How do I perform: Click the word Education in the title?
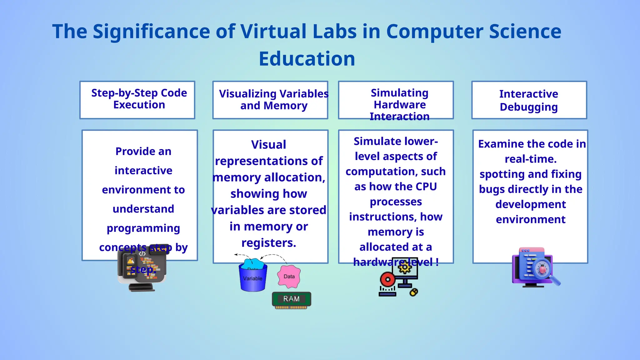tap(307, 59)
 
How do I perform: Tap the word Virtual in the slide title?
tap(273, 32)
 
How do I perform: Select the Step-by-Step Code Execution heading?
tap(139, 99)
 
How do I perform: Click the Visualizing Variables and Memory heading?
tap(274, 100)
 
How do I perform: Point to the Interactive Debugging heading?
tap(528, 100)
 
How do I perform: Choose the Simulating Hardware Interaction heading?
tap(399, 104)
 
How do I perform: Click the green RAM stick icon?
tap(291, 299)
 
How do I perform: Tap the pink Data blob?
tap(289, 277)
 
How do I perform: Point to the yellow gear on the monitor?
tap(405, 268)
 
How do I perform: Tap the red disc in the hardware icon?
tap(388, 279)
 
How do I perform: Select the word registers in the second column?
tap(268, 243)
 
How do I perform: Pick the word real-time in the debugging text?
tap(531, 159)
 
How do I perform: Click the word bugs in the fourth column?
tap(492, 189)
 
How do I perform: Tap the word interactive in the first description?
tap(143, 171)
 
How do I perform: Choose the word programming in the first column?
tap(143, 228)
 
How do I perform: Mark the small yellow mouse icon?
tap(414, 292)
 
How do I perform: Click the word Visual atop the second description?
tap(268, 145)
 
